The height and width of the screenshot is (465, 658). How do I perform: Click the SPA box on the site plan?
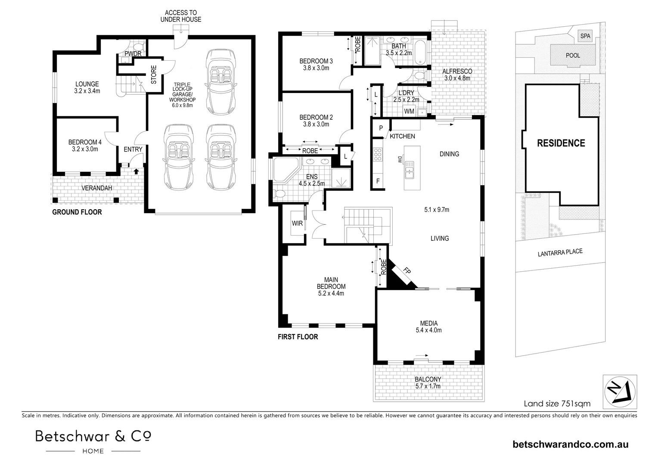[585, 36]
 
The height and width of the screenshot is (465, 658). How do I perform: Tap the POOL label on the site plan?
[573, 56]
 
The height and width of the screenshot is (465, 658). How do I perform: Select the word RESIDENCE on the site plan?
[561, 143]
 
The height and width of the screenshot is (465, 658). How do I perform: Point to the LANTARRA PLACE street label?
[560, 252]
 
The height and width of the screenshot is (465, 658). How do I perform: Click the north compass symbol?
[620, 391]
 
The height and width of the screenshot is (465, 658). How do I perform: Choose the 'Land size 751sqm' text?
[557, 403]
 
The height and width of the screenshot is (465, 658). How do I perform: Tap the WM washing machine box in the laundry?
[409, 112]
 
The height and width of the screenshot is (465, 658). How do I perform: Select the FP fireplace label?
[407, 270]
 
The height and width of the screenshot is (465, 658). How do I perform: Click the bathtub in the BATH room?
[420, 52]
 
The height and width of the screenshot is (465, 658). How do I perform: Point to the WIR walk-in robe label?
[297, 223]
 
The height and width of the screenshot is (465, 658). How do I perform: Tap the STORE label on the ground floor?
[154, 74]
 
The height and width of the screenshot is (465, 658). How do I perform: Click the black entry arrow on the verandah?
[137, 171]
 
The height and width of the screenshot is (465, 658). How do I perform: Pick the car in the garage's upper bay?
[221, 82]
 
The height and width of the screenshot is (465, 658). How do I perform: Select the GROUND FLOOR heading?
[77, 212]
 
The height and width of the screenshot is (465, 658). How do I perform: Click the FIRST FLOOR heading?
[298, 337]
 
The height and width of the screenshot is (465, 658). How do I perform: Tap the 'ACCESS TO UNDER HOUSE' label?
[181, 16]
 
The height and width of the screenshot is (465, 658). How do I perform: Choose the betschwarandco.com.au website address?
[571, 444]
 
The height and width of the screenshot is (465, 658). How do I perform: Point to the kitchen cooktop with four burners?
[378, 155]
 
